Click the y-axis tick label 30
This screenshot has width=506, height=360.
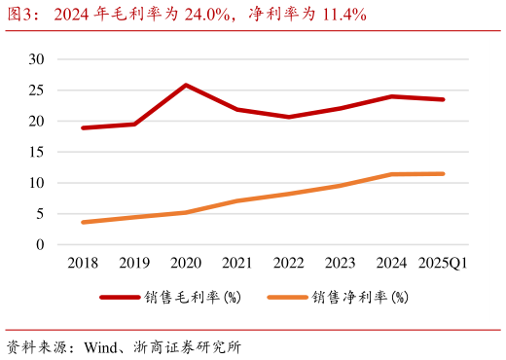click(x=37, y=59)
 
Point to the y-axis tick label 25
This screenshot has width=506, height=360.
click(x=37, y=90)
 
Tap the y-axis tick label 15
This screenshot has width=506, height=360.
click(x=37, y=152)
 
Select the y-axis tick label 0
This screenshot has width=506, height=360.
click(x=41, y=245)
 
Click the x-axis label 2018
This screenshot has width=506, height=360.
click(x=83, y=263)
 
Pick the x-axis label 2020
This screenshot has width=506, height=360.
click(x=186, y=263)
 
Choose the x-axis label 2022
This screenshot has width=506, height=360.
click(x=289, y=263)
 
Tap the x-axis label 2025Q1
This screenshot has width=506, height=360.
click(x=444, y=263)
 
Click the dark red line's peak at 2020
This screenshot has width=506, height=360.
click(x=186, y=85)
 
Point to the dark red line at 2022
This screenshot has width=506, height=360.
click(x=289, y=117)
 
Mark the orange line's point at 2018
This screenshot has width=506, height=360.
click(x=83, y=222)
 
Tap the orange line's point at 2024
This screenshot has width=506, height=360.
click(x=392, y=174)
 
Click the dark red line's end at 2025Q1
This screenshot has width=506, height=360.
click(x=444, y=99)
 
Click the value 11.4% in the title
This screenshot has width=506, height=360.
click(x=343, y=14)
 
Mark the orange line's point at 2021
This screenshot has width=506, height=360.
click(x=237, y=200)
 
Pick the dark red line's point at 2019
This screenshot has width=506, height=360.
click(x=134, y=124)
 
